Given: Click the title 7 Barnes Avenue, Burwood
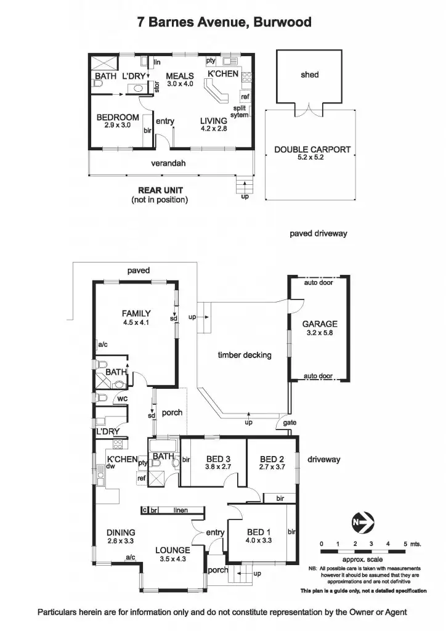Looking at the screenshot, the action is [224, 23].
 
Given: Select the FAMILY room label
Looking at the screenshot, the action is [136, 314].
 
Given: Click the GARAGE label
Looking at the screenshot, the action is [319, 324].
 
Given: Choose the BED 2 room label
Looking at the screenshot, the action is [272, 459].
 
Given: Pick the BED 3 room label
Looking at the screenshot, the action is [218, 459].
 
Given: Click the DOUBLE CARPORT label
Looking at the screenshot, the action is [312, 149].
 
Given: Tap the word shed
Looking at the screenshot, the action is [309, 75].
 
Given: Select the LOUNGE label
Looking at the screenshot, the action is [172, 550].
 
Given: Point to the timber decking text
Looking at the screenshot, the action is [245, 355].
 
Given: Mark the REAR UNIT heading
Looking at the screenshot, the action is [160, 190].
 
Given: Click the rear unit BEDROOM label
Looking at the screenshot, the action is [118, 117].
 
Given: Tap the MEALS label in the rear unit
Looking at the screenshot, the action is [180, 76].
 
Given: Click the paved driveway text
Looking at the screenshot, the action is [318, 234].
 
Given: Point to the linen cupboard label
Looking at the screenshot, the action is [180, 510].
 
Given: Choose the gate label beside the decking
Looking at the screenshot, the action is [290, 423].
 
